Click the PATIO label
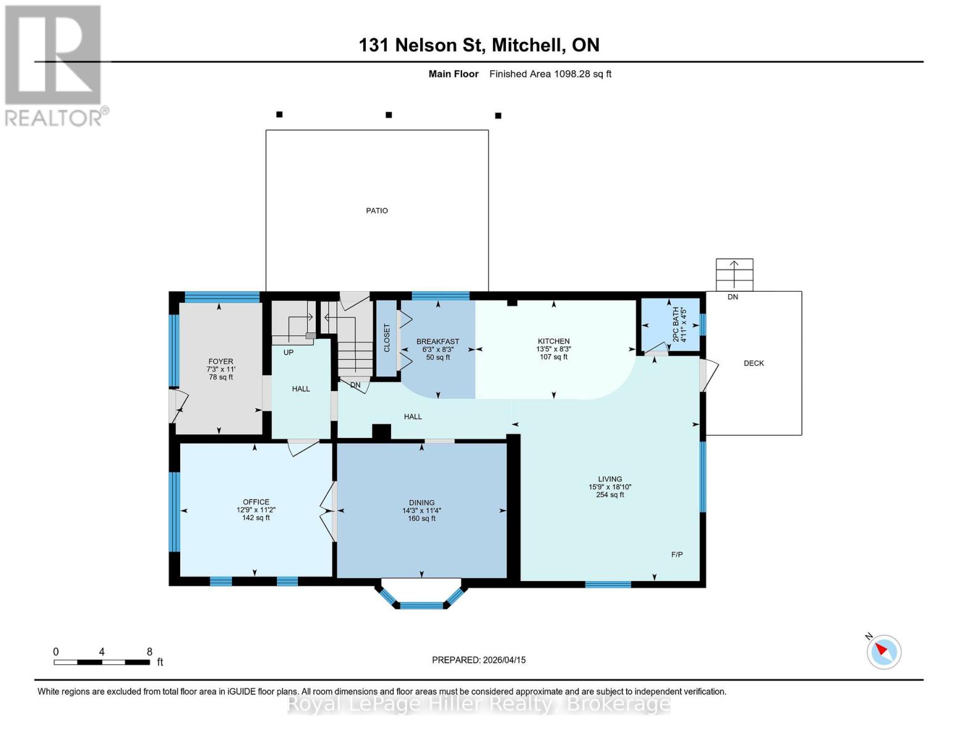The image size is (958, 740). click(377, 211)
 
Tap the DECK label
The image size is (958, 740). click(753, 363)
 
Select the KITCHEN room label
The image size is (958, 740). click(553, 341)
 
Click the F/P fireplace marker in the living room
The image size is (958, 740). click(677, 554)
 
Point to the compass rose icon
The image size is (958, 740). click(883, 652)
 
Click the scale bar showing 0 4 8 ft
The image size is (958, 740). click(102, 662)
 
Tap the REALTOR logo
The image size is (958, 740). click(54, 65)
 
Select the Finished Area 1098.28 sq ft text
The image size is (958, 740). click(550, 74)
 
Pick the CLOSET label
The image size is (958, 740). click(387, 338)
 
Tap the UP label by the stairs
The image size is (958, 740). click(288, 353)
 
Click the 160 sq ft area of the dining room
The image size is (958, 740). click(422, 519)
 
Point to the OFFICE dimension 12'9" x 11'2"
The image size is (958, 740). click(256, 510)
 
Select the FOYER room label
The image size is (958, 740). click(221, 361)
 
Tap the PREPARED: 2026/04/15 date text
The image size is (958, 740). click(479, 660)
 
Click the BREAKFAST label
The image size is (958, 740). click(437, 342)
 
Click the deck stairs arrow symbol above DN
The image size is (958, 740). click(734, 274)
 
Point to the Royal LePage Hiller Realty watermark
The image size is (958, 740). click(479, 704)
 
